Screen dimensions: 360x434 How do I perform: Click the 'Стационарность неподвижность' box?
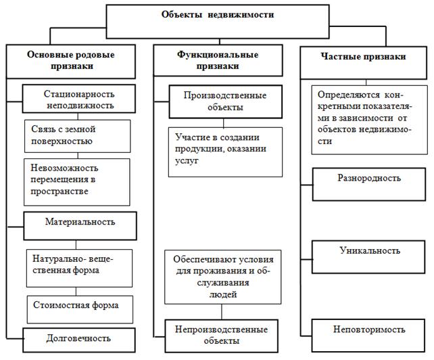pos(79,99)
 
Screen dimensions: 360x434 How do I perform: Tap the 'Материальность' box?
pos(80,222)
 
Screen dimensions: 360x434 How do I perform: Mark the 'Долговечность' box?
pos(79,338)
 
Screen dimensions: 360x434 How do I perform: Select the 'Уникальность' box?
pos(369,251)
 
